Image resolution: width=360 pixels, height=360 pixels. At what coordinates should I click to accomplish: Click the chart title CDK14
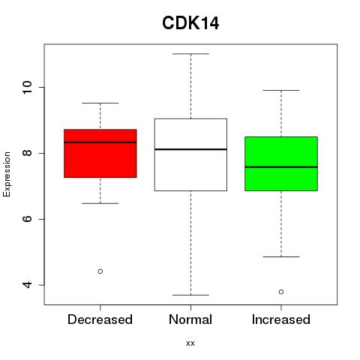pos(190,23)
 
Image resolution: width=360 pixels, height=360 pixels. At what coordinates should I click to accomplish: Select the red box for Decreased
pos(100,154)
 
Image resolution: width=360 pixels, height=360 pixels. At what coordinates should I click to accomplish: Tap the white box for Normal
pos(190,154)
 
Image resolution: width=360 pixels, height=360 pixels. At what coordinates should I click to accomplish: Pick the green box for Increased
pos(281,163)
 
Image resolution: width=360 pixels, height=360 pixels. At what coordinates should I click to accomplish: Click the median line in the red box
pos(100,142)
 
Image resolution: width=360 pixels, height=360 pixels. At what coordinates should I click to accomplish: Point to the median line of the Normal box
pos(190,149)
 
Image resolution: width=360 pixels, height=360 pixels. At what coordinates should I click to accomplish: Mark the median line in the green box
pos(281,167)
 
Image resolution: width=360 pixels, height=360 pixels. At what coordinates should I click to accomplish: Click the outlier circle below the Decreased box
pos(100,271)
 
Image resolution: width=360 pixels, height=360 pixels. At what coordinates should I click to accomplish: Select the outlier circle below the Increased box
pos(281,292)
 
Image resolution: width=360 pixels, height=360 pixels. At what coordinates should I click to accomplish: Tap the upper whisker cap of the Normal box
pos(190,54)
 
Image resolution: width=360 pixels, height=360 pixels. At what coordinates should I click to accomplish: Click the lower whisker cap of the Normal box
pos(190,295)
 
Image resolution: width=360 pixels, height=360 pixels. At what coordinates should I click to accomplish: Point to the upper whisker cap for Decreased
pos(100,103)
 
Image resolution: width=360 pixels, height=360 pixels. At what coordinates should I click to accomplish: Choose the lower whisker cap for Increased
pos(281,256)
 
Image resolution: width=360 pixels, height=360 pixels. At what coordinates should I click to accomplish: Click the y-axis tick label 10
pos(28,88)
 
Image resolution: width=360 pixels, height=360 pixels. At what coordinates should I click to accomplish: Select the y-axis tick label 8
pos(28,153)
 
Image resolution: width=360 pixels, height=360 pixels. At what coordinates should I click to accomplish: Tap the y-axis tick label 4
pos(28,285)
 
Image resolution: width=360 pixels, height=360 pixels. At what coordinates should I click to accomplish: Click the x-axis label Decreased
pos(100,319)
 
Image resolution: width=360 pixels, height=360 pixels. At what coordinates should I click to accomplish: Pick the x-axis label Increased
pos(281,319)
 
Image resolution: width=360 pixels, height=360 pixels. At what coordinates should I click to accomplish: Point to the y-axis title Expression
pos(7,174)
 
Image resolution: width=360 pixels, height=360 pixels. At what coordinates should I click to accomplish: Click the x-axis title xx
pos(190,343)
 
